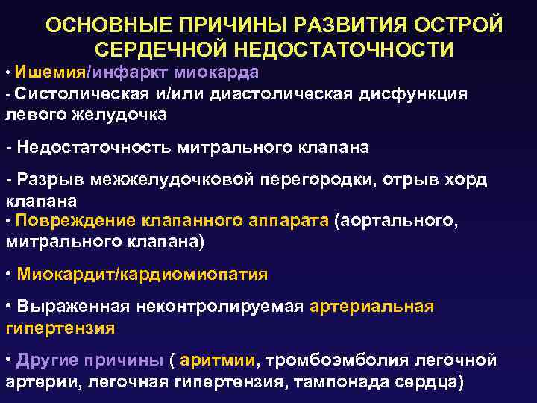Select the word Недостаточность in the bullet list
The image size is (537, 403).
[92, 147]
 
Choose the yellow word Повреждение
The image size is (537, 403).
[75, 221]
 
